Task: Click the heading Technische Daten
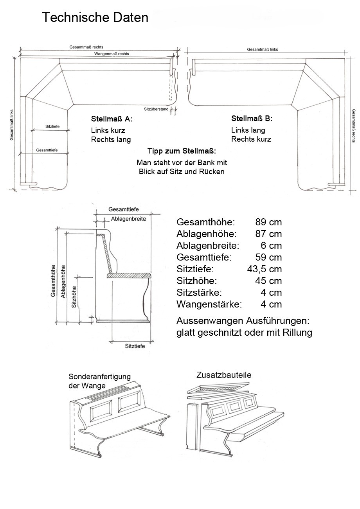pyautogui.click(x=95, y=18)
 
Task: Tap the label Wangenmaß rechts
pyautogui.click(x=112, y=54)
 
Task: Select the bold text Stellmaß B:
pyautogui.click(x=252, y=119)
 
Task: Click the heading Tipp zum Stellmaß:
pyautogui.click(x=182, y=151)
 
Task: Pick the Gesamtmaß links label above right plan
pyautogui.click(x=262, y=50)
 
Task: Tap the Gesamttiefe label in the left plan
pyautogui.click(x=47, y=150)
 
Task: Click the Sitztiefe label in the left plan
pyautogui.click(x=52, y=126)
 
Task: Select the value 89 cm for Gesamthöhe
pyautogui.click(x=268, y=222)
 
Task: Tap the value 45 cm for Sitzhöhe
pyautogui.click(x=268, y=281)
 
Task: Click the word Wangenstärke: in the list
pyautogui.click(x=209, y=304)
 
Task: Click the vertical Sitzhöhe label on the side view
pyautogui.click(x=74, y=297)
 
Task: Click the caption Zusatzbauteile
pyautogui.click(x=224, y=375)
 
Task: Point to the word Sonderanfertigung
pyautogui.click(x=99, y=377)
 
